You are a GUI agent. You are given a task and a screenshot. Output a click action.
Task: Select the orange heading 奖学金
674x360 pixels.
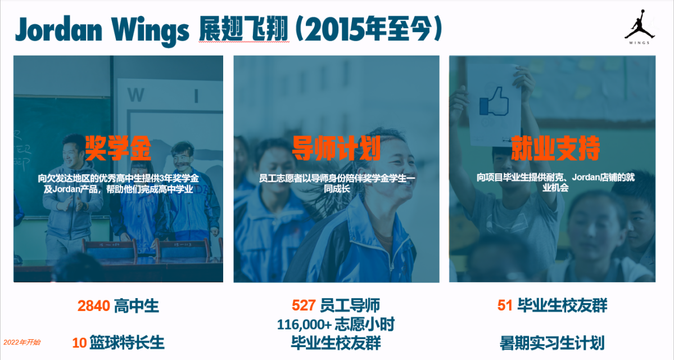118,148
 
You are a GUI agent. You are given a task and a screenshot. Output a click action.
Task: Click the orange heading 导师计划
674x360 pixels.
336,148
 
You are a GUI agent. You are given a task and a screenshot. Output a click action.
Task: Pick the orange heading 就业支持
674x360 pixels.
555,148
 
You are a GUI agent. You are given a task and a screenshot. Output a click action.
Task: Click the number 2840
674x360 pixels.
94,306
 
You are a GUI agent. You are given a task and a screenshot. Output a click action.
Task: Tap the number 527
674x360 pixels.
304,305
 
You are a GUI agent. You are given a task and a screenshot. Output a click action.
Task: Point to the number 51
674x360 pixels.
505,305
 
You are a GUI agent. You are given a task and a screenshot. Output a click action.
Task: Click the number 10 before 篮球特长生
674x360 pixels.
79,343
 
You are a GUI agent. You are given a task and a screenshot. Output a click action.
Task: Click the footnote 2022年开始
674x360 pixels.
22,343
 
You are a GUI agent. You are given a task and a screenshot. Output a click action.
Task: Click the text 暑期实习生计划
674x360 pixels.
552,343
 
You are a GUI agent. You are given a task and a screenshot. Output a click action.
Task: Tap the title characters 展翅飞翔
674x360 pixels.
244,30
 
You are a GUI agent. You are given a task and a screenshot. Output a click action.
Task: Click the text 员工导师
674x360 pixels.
350,305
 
